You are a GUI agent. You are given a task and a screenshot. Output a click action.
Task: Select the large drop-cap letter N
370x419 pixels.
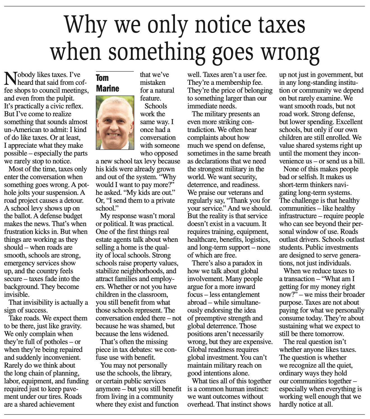click(x=11, y=79)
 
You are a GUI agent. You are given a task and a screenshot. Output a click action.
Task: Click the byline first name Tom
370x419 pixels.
click(x=102, y=78)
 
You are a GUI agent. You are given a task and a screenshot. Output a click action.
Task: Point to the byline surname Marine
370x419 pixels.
click(x=107, y=88)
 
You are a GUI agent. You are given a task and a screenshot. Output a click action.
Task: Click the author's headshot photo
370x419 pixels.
click(x=115, y=123)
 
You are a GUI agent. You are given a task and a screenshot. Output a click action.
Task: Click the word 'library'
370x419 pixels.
click(x=160, y=373)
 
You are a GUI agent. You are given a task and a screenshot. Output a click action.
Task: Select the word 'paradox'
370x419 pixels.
click(x=245, y=263)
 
